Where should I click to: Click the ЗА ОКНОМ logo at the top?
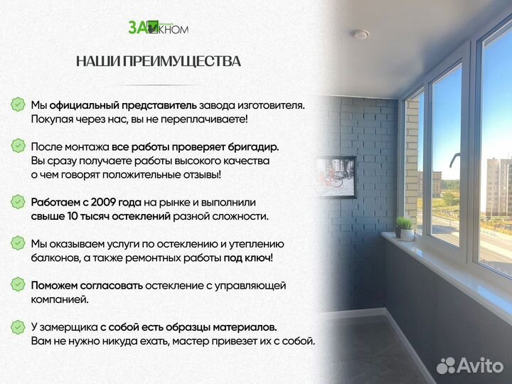[x=158, y=27]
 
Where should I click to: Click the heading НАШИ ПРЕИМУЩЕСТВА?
[x=158, y=61]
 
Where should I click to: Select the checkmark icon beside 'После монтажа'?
[x=18, y=146]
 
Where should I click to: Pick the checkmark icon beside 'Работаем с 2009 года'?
[x=18, y=202]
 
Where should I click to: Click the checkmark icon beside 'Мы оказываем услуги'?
[x=18, y=243]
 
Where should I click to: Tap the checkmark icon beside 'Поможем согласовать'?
[x=18, y=285]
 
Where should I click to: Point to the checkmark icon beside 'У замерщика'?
[x=18, y=327]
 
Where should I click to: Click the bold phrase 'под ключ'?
[x=247, y=258]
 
